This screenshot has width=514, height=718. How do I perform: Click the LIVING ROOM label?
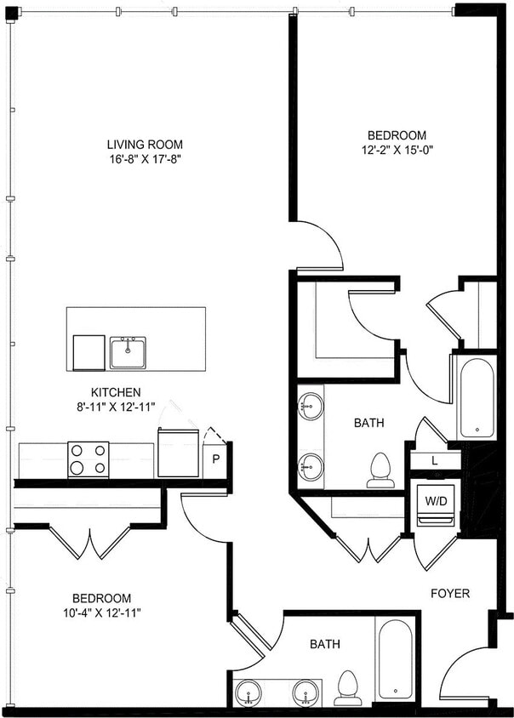(x=144, y=145)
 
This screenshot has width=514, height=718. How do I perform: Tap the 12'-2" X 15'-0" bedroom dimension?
(x=396, y=151)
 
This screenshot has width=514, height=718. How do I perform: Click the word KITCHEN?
(x=117, y=392)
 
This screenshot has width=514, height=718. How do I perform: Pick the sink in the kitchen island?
(x=128, y=351)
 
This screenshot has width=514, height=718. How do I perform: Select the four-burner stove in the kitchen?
(x=89, y=459)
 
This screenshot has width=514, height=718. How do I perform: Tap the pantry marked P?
(x=216, y=460)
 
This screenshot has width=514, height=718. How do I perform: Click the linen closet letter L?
(x=434, y=460)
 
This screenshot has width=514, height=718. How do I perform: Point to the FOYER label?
(x=450, y=593)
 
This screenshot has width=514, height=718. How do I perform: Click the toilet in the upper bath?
(x=380, y=470)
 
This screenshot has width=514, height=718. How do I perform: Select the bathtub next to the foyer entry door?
(x=396, y=658)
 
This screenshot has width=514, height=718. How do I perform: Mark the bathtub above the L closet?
(x=474, y=396)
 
